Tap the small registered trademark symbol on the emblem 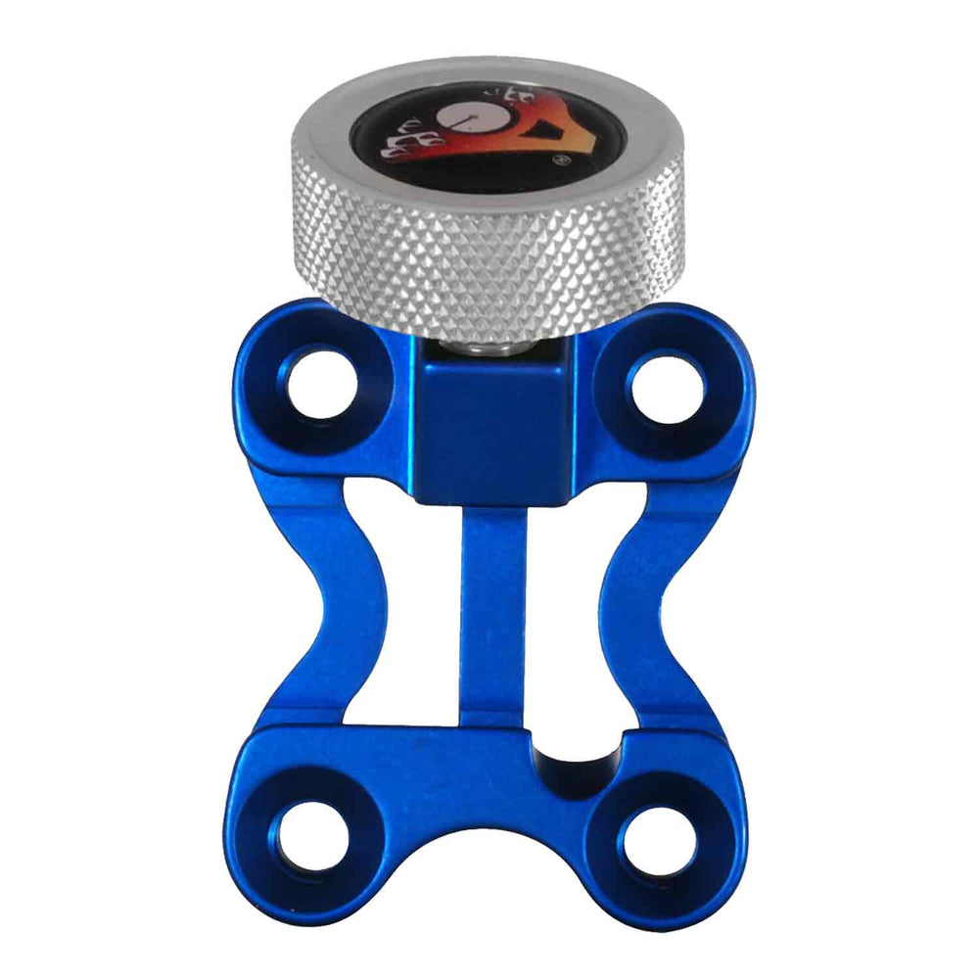pos(564,163)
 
